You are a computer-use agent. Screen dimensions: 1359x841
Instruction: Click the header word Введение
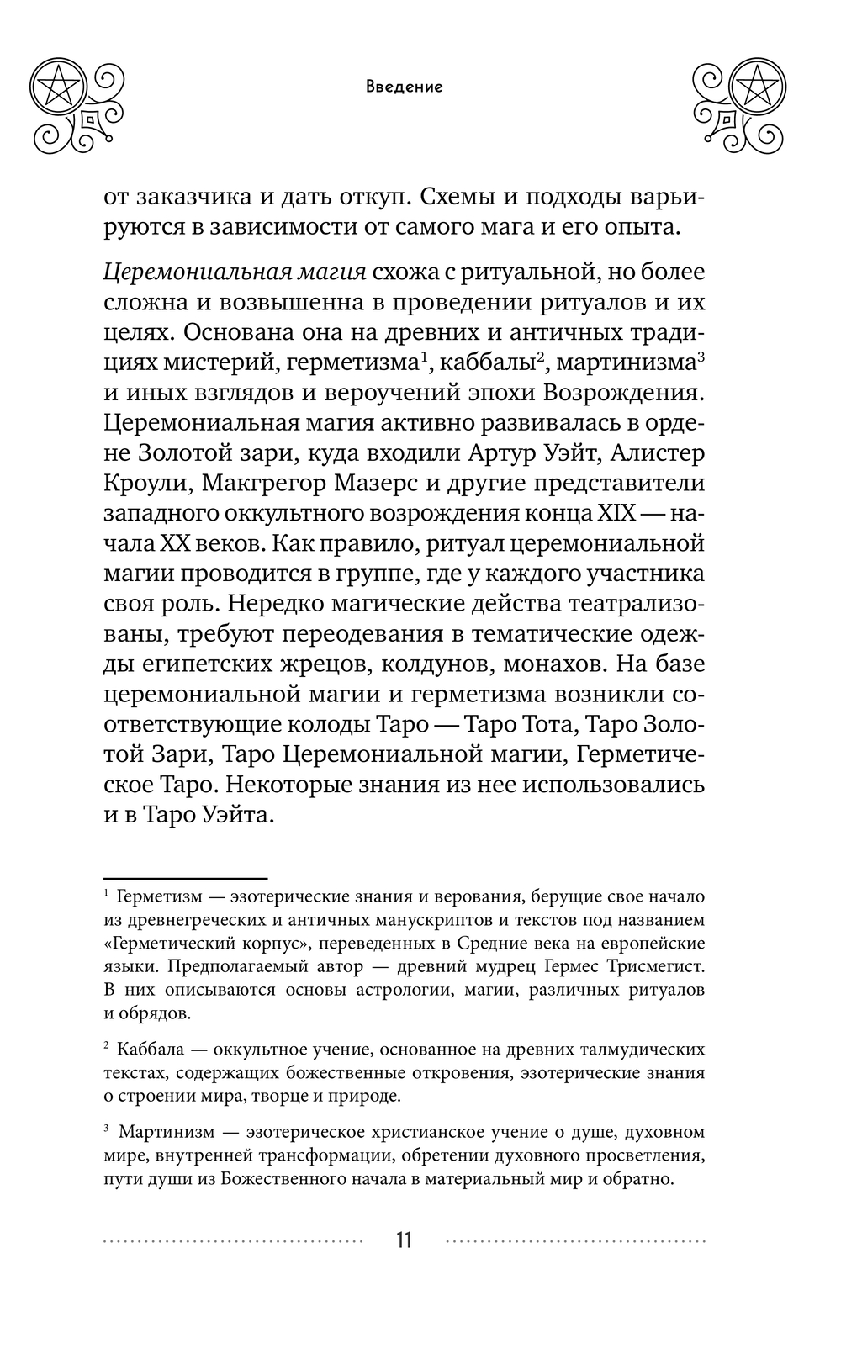(404, 87)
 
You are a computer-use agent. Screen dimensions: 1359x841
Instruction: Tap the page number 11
(404, 1240)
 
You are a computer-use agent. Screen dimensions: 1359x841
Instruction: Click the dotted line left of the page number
(235, 1240)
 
